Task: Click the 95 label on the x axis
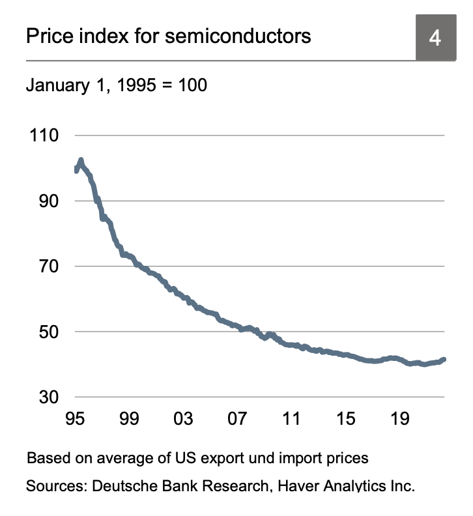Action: [76, 418]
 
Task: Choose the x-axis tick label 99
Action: [130, 418]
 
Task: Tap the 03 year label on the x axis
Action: [184, 418]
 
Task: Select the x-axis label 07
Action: [238, 418]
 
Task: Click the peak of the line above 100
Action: [81, 160]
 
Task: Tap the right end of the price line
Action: [444, 359]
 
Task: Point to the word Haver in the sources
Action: [291, 486]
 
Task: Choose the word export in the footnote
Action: [227, 458]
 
